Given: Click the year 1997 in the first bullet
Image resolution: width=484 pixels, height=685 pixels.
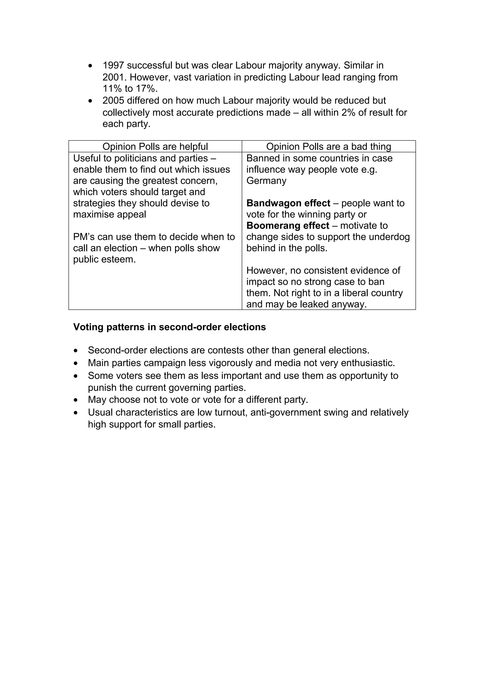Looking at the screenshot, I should click(113, 65).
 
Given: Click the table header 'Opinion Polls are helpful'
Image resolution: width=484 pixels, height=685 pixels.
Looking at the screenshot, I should click(155, 147).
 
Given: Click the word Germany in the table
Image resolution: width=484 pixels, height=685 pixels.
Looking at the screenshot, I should click(266, 181).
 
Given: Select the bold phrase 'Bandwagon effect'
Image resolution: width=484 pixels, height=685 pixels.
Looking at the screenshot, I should click(288, 203).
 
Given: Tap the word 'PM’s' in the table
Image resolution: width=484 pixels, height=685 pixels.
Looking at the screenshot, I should click(84, 237).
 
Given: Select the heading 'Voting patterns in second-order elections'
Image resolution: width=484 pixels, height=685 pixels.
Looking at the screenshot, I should click(169, 327).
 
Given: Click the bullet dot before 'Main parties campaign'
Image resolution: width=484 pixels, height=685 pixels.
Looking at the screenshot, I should click(76, 363).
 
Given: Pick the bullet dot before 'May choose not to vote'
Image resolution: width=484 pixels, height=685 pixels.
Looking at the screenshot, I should click(76, 400).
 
